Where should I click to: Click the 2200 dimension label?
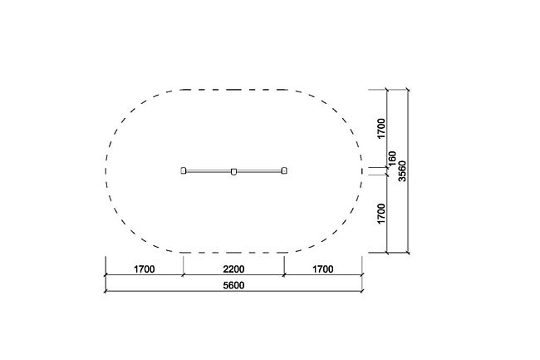(x=233, y=269)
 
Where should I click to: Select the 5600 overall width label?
(x=233, y=285)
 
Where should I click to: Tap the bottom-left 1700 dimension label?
(x=144, y=269)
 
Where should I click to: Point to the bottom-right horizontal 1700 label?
(x=322, y=269)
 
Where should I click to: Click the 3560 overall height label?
(x=402, y=171)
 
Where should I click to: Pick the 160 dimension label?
(x=392, y=159)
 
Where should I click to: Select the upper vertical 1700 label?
(x=380, y=129)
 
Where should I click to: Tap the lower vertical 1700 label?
(x=380, y=214)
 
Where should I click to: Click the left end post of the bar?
(x=184, y=170)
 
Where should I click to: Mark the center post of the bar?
(x=233, y=171)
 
